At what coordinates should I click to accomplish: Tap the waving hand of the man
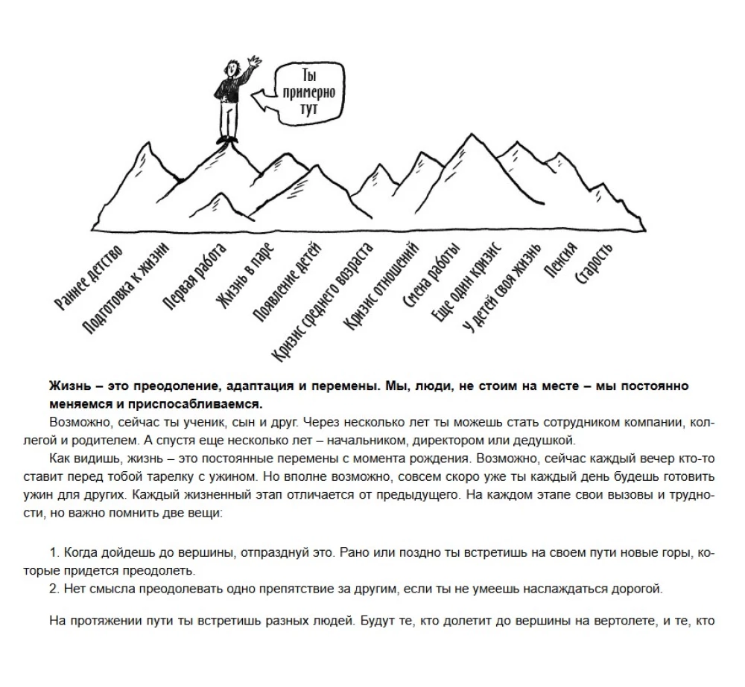pyautogui.click(x=256, y=60)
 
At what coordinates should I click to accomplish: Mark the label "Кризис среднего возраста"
pyautogui.click(x=323, y=301)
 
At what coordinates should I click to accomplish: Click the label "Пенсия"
pyautogui.click(x=560, y=261)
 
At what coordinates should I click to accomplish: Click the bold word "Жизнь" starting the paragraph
pyautogui.click(x=66, y=387)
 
